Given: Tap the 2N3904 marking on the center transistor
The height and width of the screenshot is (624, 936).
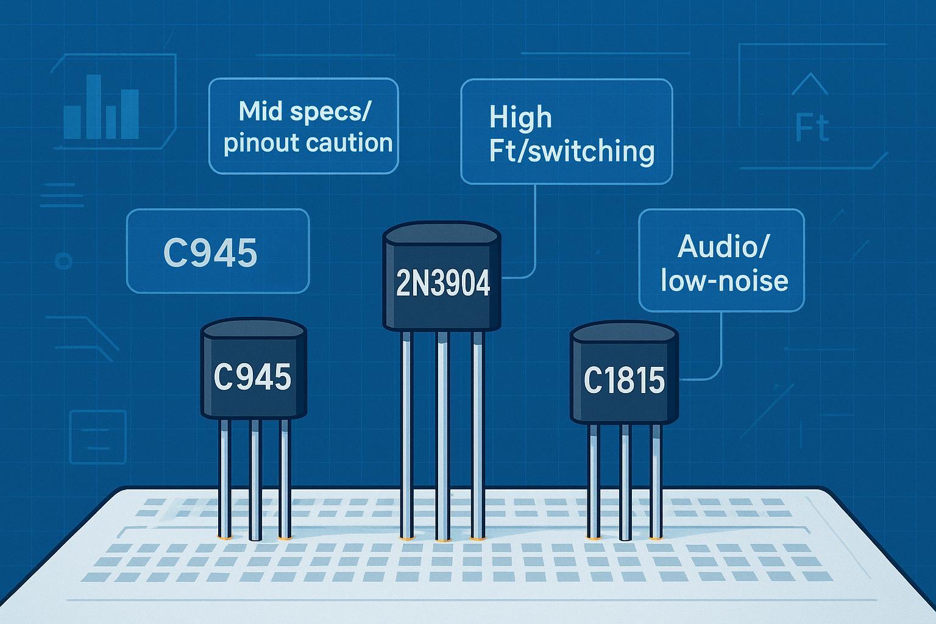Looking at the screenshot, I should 443,283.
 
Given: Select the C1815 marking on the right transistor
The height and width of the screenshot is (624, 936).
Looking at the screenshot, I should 624,381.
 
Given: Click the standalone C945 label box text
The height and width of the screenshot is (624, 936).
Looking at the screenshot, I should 210,252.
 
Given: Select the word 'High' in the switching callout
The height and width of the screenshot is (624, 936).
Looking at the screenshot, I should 520,117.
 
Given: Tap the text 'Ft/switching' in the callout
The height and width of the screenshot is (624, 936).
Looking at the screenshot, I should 572,151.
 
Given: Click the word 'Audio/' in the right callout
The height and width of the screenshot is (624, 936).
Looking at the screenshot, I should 723,247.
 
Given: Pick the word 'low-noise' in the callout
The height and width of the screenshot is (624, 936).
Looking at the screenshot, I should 724,281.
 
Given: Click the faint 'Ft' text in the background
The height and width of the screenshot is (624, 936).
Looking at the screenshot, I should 812,128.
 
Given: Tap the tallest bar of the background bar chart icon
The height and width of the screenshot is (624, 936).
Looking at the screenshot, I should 93,107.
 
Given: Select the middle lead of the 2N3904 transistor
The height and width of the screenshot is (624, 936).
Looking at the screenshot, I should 442,436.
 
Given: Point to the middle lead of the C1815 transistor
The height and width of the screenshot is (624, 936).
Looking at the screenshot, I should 624,481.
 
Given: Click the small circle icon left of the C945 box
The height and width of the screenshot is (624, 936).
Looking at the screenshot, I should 63,261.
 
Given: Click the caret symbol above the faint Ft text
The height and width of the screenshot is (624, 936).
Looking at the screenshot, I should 810,83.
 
